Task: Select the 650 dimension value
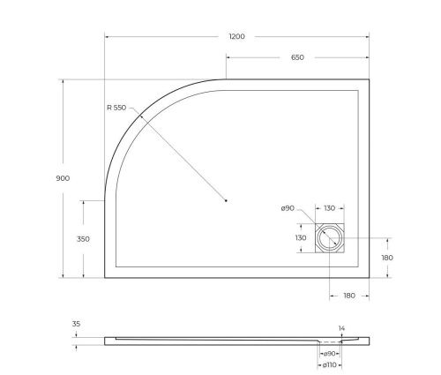click(x=297, y=57)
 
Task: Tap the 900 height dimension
click(x=62, y=178)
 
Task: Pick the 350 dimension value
click(x=83, y=238)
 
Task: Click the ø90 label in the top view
click(x=287, y=208)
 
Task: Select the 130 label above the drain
click(x=328, y=208)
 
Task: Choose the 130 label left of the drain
click(x=300, y=237)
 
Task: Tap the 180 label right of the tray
click(x=385, y=258)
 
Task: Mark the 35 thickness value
click(x=76, y=325)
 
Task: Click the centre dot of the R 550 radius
click(x=227, y=200)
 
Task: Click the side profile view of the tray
click(x=238, y=340)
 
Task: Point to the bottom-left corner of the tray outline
click(x=105, y=277)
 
